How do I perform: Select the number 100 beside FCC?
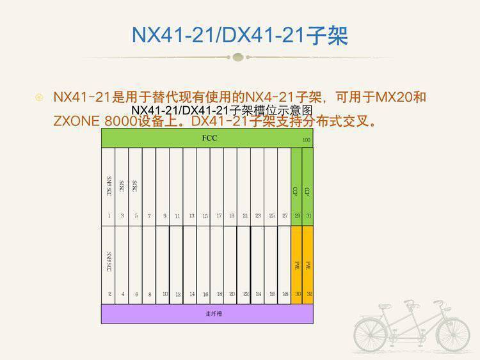point(307,140)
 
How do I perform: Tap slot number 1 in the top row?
point(109,216)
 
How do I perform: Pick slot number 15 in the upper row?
point(205,216)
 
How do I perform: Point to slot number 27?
point(285,216)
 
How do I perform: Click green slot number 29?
point(297,216)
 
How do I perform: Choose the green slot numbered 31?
point(308,216)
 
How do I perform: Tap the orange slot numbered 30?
point(297,294)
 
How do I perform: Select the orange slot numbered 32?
point(308,294)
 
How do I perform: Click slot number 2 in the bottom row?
point(109,294)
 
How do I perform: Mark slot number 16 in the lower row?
point(205,294)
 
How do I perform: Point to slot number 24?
point(259,294)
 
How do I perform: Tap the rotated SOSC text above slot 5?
point(136,186)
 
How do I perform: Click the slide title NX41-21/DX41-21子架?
point(239,35)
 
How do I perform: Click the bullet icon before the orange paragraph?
point(39,98)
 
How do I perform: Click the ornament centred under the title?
point(239,57)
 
